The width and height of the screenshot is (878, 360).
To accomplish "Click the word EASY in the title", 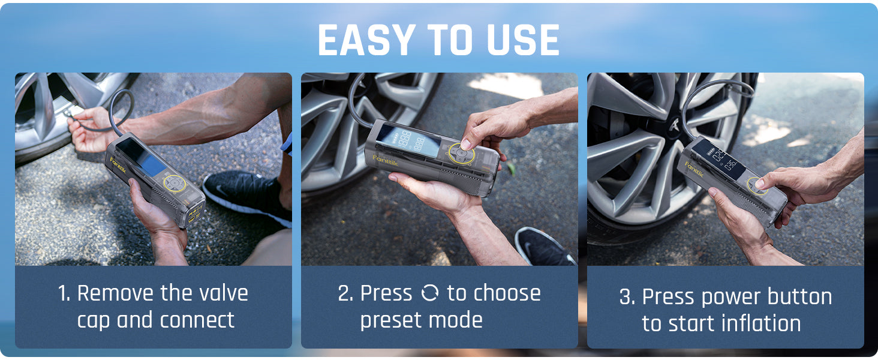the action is coord(366,40).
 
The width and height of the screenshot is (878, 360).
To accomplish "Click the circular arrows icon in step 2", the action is coord(429,293).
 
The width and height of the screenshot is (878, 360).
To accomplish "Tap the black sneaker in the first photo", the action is coord(247,196).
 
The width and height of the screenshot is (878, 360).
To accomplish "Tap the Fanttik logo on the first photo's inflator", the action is coord(118,165).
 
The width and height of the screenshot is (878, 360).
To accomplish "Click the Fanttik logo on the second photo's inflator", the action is coord(385,160).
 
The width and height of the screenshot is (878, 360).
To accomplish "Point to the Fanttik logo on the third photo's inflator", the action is coord(694,169).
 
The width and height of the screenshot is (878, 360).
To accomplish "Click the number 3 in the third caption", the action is coord(624,297).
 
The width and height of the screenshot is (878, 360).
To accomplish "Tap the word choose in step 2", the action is coord(507,293).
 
